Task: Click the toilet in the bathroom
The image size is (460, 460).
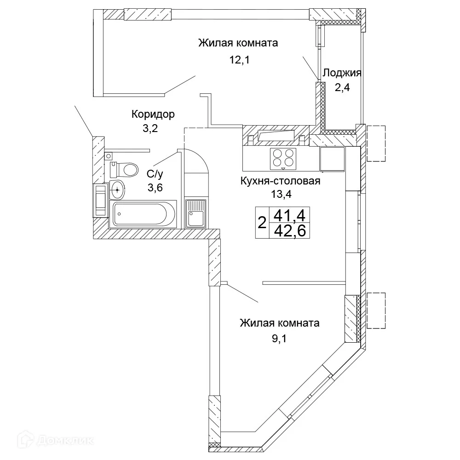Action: (x=124, y=170)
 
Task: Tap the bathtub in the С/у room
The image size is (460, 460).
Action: (x=143, y=214)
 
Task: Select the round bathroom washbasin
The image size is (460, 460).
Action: (x=117, y=190)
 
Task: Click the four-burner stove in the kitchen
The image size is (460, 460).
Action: (x=283, y=159)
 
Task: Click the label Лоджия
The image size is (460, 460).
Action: (x=342, y=73)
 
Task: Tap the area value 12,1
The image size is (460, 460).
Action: (x=239, y=60)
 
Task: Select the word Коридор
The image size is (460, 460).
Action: (x=153, y=114)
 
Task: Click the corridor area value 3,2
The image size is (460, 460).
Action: (x=150, y=128)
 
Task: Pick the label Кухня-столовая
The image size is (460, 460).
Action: (x=280, y=181)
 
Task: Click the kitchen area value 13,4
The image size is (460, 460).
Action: (x=281, y=194)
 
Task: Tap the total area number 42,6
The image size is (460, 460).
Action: (x=290, y=231)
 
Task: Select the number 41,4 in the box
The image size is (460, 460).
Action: (x=289, y=216)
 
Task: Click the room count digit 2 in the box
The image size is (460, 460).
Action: (x=262, y=222)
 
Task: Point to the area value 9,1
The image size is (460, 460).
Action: (x=279, y=339)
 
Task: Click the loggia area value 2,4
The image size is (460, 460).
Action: (x=342, y=87)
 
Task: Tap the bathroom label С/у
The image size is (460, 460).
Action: (x=155, y=174)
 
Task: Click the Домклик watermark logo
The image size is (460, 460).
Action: (x=56, y=440)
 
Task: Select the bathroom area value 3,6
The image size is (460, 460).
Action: (x=155, y=188)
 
